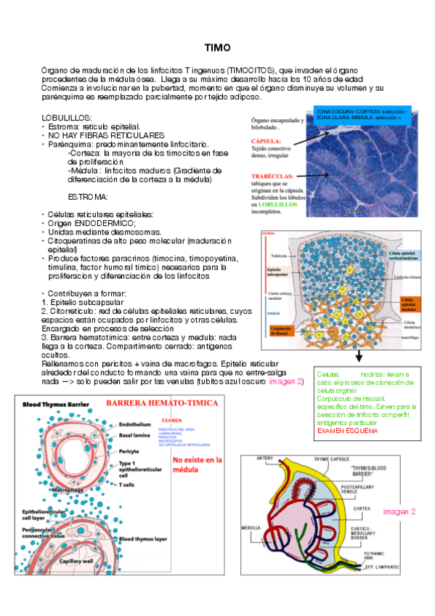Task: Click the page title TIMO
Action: point(217,48)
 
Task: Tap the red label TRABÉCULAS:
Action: point(272,177)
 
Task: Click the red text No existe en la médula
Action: point(197,464)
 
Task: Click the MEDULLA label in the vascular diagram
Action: point(251,527)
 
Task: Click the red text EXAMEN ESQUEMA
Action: point(347,431)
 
